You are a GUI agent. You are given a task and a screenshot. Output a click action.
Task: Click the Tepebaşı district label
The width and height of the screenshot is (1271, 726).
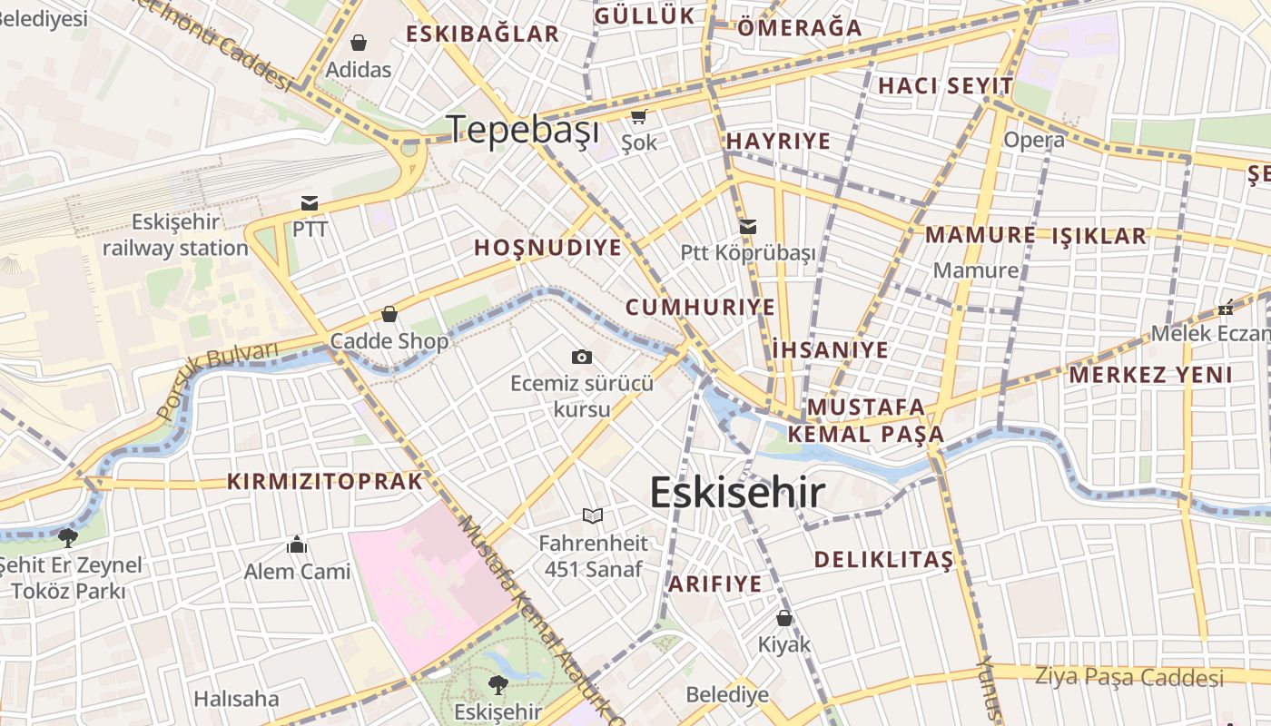(524, 130)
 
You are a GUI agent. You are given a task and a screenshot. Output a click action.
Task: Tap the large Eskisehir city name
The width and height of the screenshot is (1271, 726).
(737, 493)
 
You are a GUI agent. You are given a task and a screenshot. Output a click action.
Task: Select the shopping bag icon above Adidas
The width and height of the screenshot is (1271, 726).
(359, 43)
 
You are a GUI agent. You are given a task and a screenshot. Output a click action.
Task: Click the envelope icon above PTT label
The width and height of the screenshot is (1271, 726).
(310, 202)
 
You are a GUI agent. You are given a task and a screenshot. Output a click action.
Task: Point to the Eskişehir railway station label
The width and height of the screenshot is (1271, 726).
(175, 235)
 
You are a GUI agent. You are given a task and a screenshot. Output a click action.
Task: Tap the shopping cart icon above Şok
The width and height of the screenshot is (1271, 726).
(639, 116)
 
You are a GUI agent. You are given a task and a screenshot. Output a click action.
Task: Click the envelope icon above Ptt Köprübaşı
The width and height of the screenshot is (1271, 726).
(748, 227)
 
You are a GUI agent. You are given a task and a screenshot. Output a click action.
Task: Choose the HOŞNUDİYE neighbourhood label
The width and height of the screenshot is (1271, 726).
(548, 248)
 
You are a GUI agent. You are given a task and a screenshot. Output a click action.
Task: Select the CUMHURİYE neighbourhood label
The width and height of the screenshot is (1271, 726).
(701, 307)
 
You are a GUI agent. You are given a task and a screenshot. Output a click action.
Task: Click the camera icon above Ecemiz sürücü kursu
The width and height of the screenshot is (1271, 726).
(582, 357)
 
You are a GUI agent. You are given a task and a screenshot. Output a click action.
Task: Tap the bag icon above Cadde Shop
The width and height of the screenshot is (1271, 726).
(389, 314)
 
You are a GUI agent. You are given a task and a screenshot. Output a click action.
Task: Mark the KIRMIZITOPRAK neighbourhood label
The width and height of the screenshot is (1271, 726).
(325, 481)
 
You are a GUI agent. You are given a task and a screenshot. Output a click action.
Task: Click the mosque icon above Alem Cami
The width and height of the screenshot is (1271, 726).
(297, 544)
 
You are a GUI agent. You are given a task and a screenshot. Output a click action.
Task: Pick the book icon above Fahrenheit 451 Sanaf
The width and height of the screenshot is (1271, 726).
(593, 515)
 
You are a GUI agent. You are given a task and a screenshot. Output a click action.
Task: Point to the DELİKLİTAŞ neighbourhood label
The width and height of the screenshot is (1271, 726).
(883, 559)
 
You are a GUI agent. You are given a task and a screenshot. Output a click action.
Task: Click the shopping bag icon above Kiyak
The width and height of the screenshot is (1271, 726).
(784, 618)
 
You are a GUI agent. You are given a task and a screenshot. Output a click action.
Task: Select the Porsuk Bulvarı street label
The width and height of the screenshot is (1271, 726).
(217, 381)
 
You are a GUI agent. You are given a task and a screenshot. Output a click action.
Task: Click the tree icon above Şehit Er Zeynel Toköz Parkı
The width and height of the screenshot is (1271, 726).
(67, 536)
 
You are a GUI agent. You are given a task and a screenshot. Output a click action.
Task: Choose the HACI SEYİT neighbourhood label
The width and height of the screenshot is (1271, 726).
(945, 86)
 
